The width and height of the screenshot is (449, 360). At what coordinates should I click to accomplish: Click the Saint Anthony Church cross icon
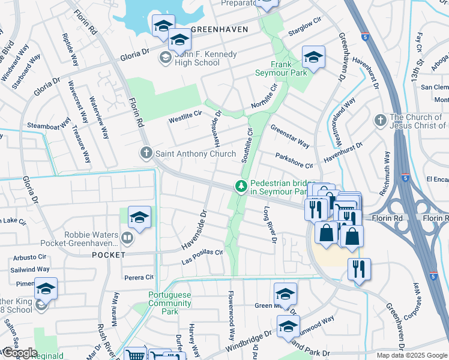coord(146,154)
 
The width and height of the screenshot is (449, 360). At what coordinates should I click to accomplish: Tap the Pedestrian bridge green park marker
coord(241,187)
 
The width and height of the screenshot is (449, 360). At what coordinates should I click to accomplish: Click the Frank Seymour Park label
coord(289,68)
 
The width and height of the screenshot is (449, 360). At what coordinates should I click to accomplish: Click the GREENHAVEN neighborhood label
coord(215,29)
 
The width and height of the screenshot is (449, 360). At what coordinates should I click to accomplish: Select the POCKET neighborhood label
coord(109,254)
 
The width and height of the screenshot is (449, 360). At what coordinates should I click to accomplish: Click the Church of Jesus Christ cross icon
coord(379,121)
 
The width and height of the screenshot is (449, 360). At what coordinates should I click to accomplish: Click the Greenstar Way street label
coord(289,136)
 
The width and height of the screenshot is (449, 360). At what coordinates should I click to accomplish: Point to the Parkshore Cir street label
coord(294,161)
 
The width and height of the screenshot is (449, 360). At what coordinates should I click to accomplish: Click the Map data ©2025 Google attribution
coord(412,355)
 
